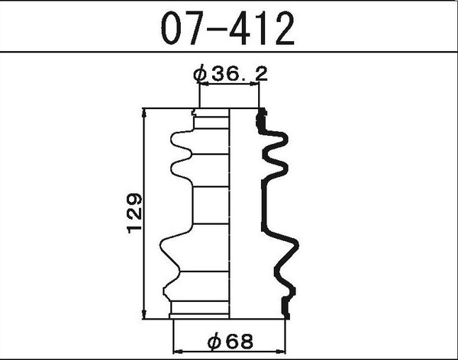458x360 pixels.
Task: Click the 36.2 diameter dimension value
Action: pos(237,74)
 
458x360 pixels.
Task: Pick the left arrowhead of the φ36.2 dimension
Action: pos(202,85)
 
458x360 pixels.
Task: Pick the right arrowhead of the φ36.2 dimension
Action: pos(256,85)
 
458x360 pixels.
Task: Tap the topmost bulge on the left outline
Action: pos(173,140)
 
